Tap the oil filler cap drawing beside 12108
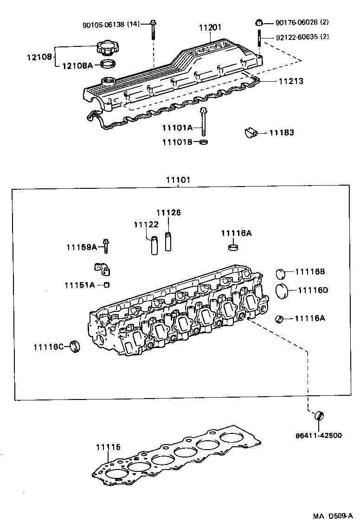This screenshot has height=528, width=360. pos(108,47)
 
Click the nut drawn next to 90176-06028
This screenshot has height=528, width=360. pos(260,22)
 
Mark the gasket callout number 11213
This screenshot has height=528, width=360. pos(291,81)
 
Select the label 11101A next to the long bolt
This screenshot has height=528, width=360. pos(177,128)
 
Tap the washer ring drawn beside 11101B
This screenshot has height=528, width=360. pos(203,142)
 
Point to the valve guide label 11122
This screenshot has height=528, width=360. pos(146,224)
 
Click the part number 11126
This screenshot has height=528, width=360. pos(168,212)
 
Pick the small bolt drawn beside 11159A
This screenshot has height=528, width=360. pos(106,245)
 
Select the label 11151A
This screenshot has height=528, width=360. pos(80,285)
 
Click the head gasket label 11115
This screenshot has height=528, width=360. pos(108,447)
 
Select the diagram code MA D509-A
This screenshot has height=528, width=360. pos(333,516)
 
